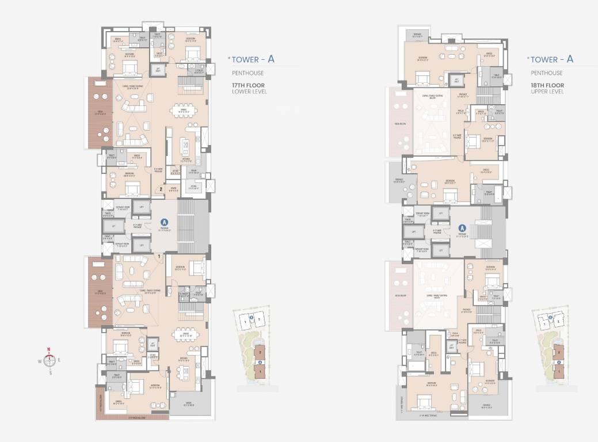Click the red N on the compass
pyautogui.click(x=49, y=349)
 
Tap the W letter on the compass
pyautogui.click(x=40, y=361)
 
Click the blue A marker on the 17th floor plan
pyautogui.click(x=164, y=221)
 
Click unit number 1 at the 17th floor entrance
pyautogui.click(x=158, y=256)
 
